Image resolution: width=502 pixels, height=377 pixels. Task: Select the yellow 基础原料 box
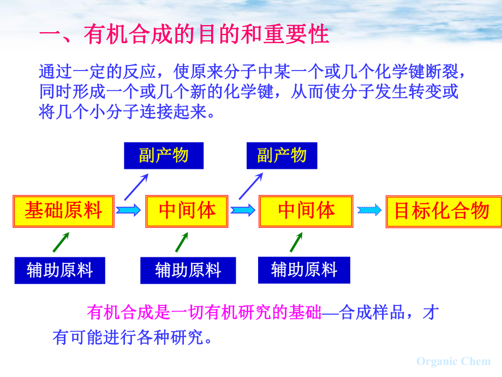click(63, 210)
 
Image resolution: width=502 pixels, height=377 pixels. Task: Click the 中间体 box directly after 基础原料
click(187, 210)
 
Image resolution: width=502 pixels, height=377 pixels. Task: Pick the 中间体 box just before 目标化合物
click(306, 210)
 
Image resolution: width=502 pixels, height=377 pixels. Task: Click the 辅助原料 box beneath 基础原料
click(59, 270)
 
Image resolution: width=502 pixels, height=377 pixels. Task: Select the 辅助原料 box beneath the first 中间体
click(188, 270)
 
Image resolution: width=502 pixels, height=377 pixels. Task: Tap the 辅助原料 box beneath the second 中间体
click(304, 269)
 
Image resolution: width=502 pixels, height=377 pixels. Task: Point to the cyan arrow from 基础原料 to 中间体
click(129, 210)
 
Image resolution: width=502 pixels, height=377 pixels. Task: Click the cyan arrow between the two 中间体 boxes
click(243, 210)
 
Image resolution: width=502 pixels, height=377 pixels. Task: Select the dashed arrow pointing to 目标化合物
click(369, 210)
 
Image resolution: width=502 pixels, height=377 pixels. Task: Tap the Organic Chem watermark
click(453, 361)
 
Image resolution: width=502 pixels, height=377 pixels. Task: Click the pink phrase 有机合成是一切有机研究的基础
click(204, 313)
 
